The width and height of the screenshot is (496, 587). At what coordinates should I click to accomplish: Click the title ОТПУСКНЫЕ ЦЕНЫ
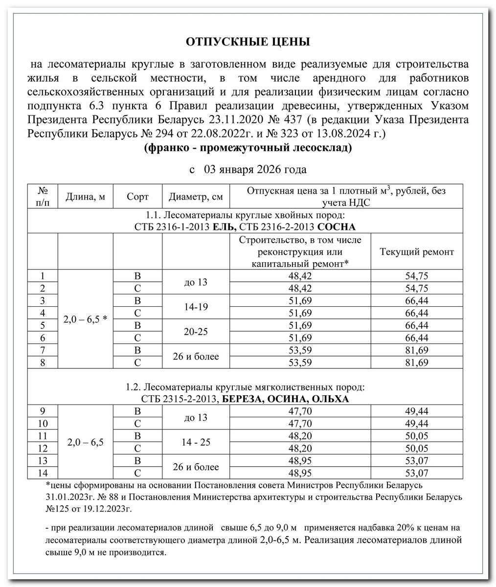coord(248,42)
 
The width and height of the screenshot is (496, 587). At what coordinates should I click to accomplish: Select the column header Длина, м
coord(86,197)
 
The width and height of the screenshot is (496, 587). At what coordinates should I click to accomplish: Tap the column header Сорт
coord(137,197)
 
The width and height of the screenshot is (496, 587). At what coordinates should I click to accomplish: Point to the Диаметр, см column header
coord(196,197)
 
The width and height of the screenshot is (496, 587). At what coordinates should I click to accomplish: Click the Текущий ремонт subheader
coord(417,252)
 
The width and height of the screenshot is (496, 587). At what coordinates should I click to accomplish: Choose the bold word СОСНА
coord(336,227)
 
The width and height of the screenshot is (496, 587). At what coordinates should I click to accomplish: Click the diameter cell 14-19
coord(196,307)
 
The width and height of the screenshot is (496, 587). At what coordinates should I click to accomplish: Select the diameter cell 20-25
coord(196,332)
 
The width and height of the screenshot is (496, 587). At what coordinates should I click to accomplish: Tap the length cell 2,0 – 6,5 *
coord(86,319)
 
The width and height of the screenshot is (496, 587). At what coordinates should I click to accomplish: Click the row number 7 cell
coord(43,350)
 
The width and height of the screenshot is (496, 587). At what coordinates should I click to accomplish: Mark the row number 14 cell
coord(43,473)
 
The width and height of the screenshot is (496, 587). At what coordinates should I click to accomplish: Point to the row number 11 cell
coord(43,436)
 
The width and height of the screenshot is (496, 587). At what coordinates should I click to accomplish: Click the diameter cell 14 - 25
coord(196,442)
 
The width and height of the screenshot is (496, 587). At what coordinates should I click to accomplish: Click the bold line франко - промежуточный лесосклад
coord(248,148)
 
